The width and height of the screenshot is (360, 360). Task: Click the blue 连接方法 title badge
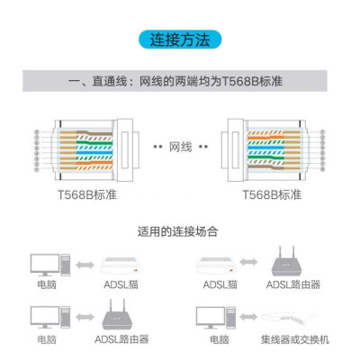180,40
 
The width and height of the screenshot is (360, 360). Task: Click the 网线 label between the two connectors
179,145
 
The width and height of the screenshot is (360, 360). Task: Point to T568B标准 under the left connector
87,194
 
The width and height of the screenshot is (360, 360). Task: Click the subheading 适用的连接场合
180,230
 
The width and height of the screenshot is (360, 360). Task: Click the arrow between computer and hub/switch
251,316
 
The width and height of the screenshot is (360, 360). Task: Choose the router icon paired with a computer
121,317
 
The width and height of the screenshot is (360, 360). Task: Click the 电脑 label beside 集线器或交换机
218,340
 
